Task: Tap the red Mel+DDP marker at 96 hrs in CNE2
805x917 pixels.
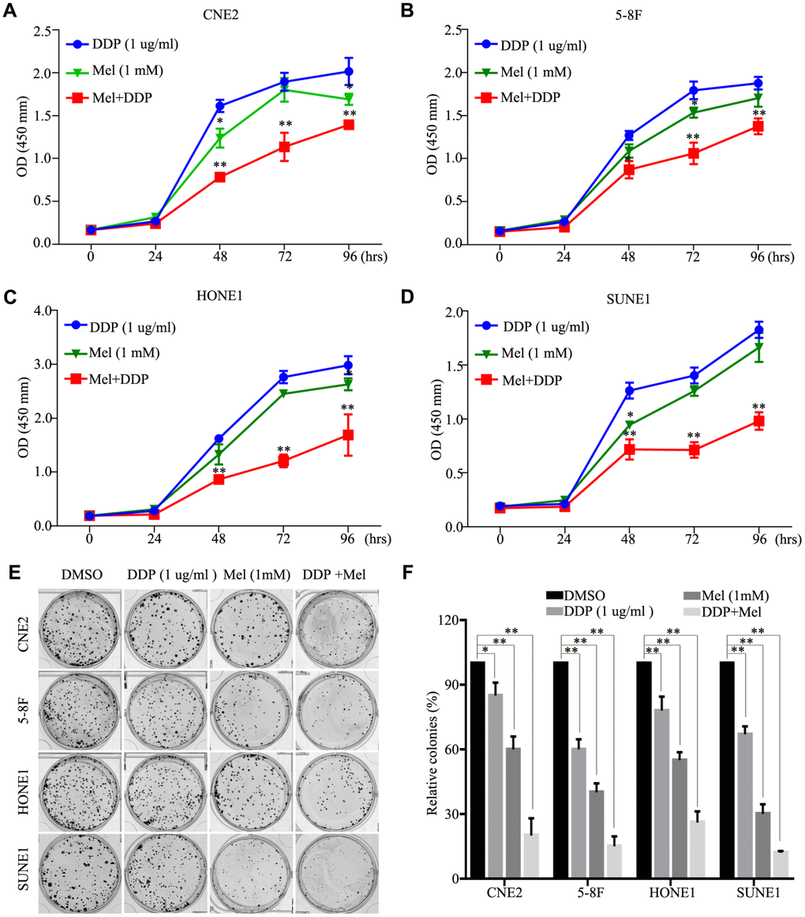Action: pos(348,125)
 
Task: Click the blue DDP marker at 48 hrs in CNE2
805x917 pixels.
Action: pos(219,106)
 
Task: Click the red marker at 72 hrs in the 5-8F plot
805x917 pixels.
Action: pos(694,154)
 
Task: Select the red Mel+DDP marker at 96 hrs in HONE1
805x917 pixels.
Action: pos(348,435)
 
